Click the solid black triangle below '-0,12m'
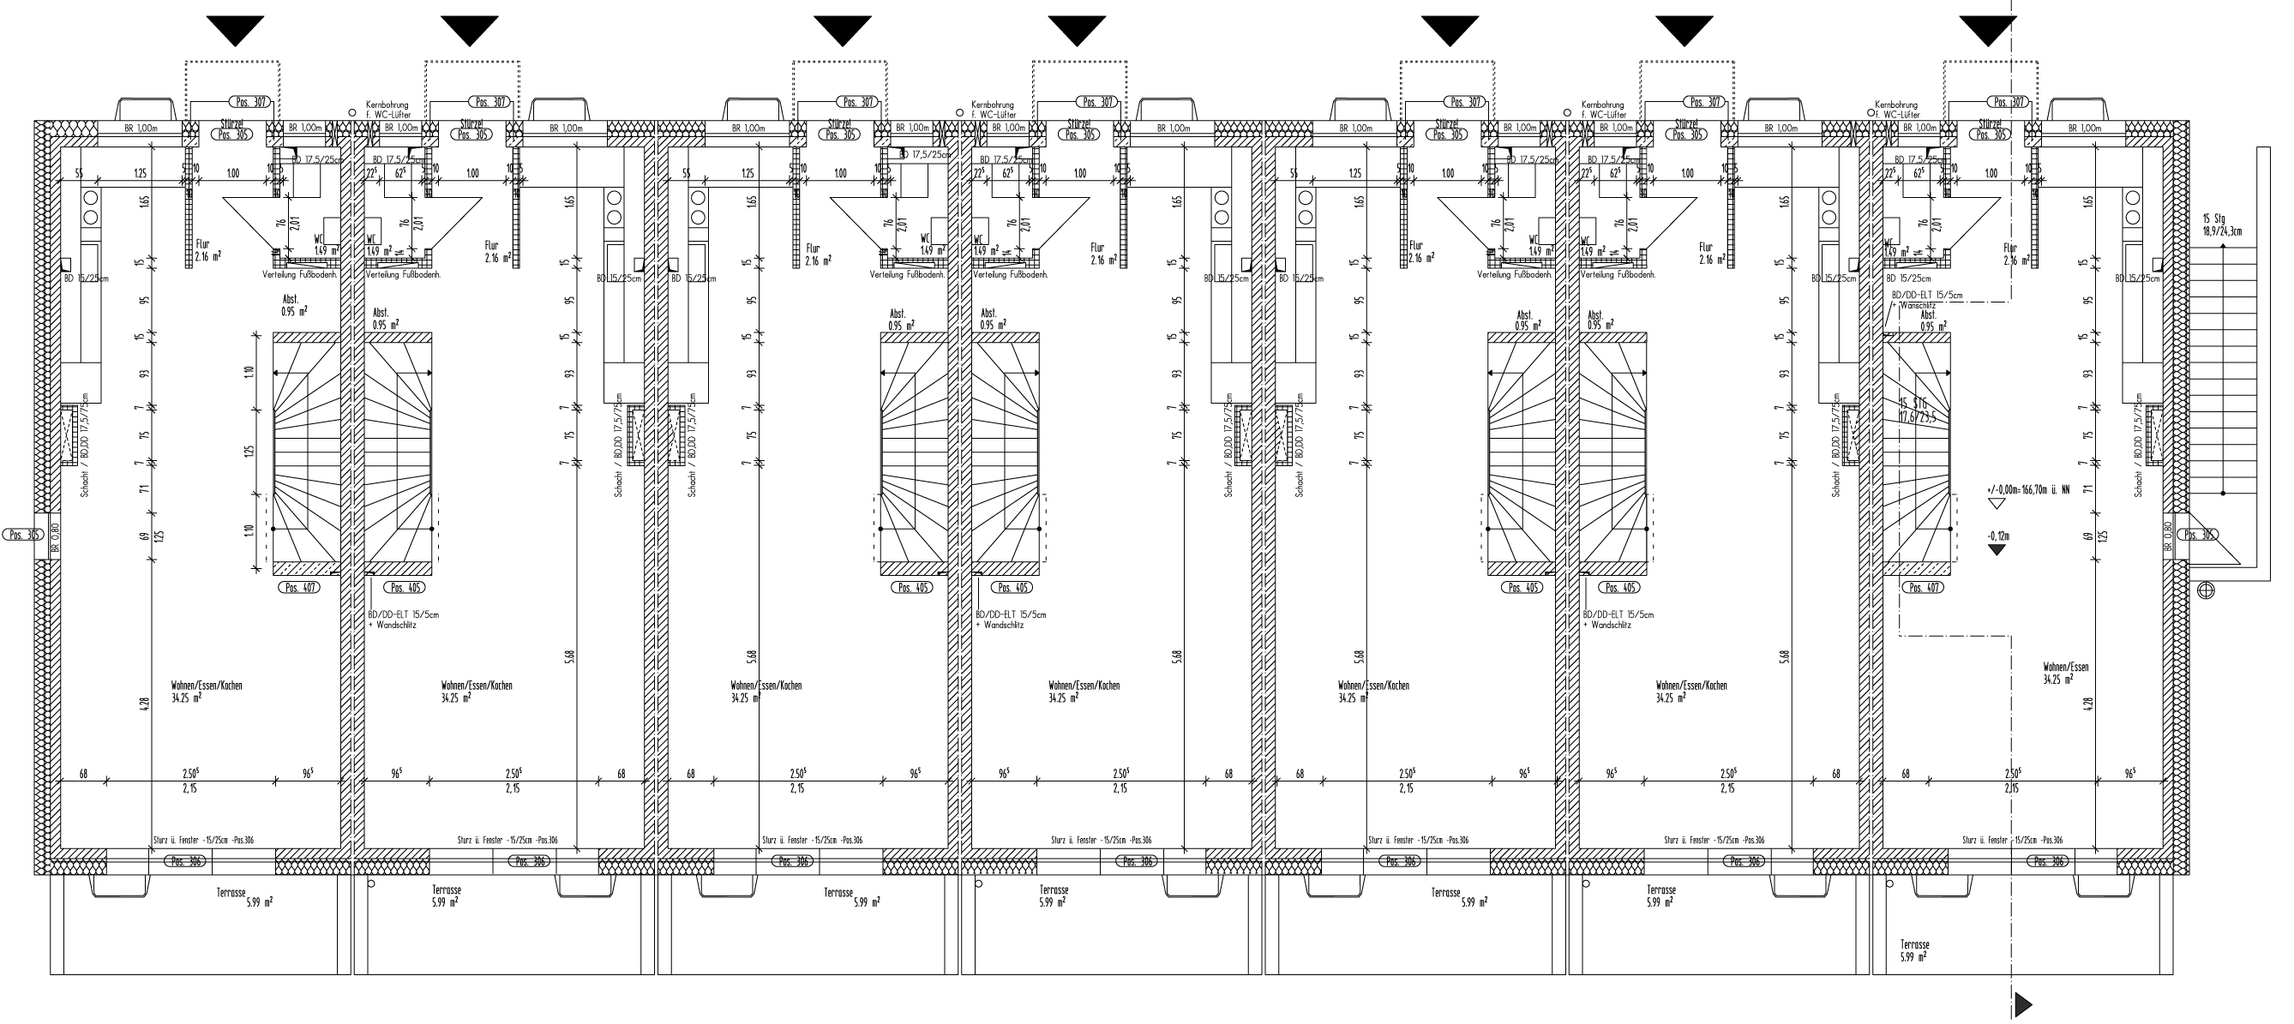point(1997,549)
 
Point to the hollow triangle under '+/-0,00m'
point(1996,503)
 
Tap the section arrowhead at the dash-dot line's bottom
point(2022,1004)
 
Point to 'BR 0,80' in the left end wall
point(54,537)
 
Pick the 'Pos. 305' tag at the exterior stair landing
point(2198,536)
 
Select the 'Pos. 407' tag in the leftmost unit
point(297,588)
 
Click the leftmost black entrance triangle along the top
point(234,30)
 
